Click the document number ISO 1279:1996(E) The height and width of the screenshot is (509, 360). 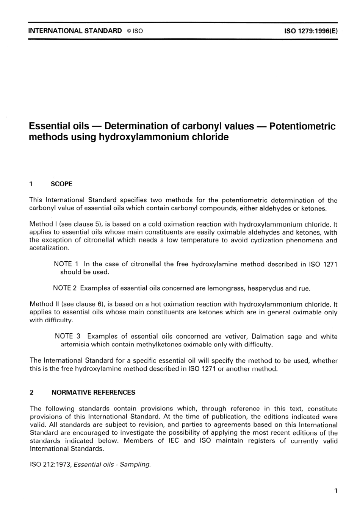311,31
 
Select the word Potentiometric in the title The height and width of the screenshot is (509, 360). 302,126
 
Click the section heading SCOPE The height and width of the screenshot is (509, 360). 61,184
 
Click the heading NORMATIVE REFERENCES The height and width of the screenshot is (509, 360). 93,392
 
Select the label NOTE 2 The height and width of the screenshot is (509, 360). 65,288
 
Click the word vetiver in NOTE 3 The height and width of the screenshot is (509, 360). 236,336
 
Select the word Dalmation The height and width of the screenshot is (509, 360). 268,336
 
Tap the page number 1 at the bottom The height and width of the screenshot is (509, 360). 336,491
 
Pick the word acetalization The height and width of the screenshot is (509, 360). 49,248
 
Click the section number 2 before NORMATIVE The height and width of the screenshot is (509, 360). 31,392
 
